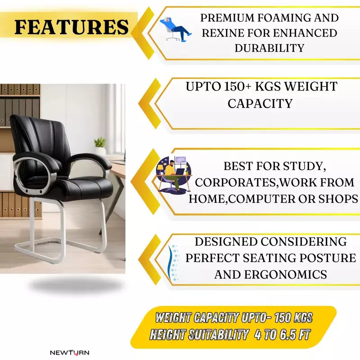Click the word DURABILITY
[x=269, y=47]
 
